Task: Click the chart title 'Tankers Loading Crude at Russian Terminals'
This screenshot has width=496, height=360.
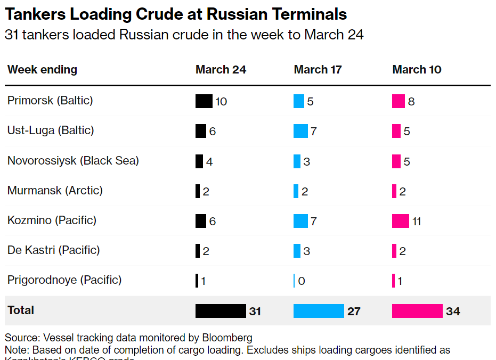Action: [x=176, y=14]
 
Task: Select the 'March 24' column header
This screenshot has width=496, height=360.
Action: [x=221, y=70]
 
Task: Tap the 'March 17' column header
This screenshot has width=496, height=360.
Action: [x=318, y=70]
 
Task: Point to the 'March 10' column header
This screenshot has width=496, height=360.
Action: [x=417, y=70]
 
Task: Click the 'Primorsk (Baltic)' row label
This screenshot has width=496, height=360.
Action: [x=50, y=100]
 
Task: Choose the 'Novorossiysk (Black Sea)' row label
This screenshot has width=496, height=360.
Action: [x=73, y=160]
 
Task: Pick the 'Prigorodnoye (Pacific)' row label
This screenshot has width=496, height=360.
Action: [x=64, y=280]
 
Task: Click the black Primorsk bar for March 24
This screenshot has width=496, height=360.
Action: [x=204, y=101]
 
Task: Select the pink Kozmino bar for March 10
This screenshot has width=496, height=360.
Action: [x=400, y=220]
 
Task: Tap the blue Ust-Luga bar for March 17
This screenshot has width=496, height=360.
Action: [x=300, y=131]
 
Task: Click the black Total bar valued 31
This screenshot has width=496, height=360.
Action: [x=220, y=311]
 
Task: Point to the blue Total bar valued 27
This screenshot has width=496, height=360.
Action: [x=319, y=311]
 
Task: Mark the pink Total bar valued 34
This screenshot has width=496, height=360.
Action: [x=417, y=311]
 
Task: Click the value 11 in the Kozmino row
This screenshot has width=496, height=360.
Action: [x=416, y=221]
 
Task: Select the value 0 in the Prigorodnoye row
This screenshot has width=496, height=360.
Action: [x=302, y=281]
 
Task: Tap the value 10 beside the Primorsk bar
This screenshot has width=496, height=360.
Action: [x=221, y=101]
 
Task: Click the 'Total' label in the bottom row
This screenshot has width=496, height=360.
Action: [x=21, y=310]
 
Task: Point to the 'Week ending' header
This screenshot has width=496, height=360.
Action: [x=42, y=70]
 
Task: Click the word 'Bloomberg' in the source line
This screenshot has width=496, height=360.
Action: [x=227, y=338]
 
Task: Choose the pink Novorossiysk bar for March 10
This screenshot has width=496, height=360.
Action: [x=396, y=161]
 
